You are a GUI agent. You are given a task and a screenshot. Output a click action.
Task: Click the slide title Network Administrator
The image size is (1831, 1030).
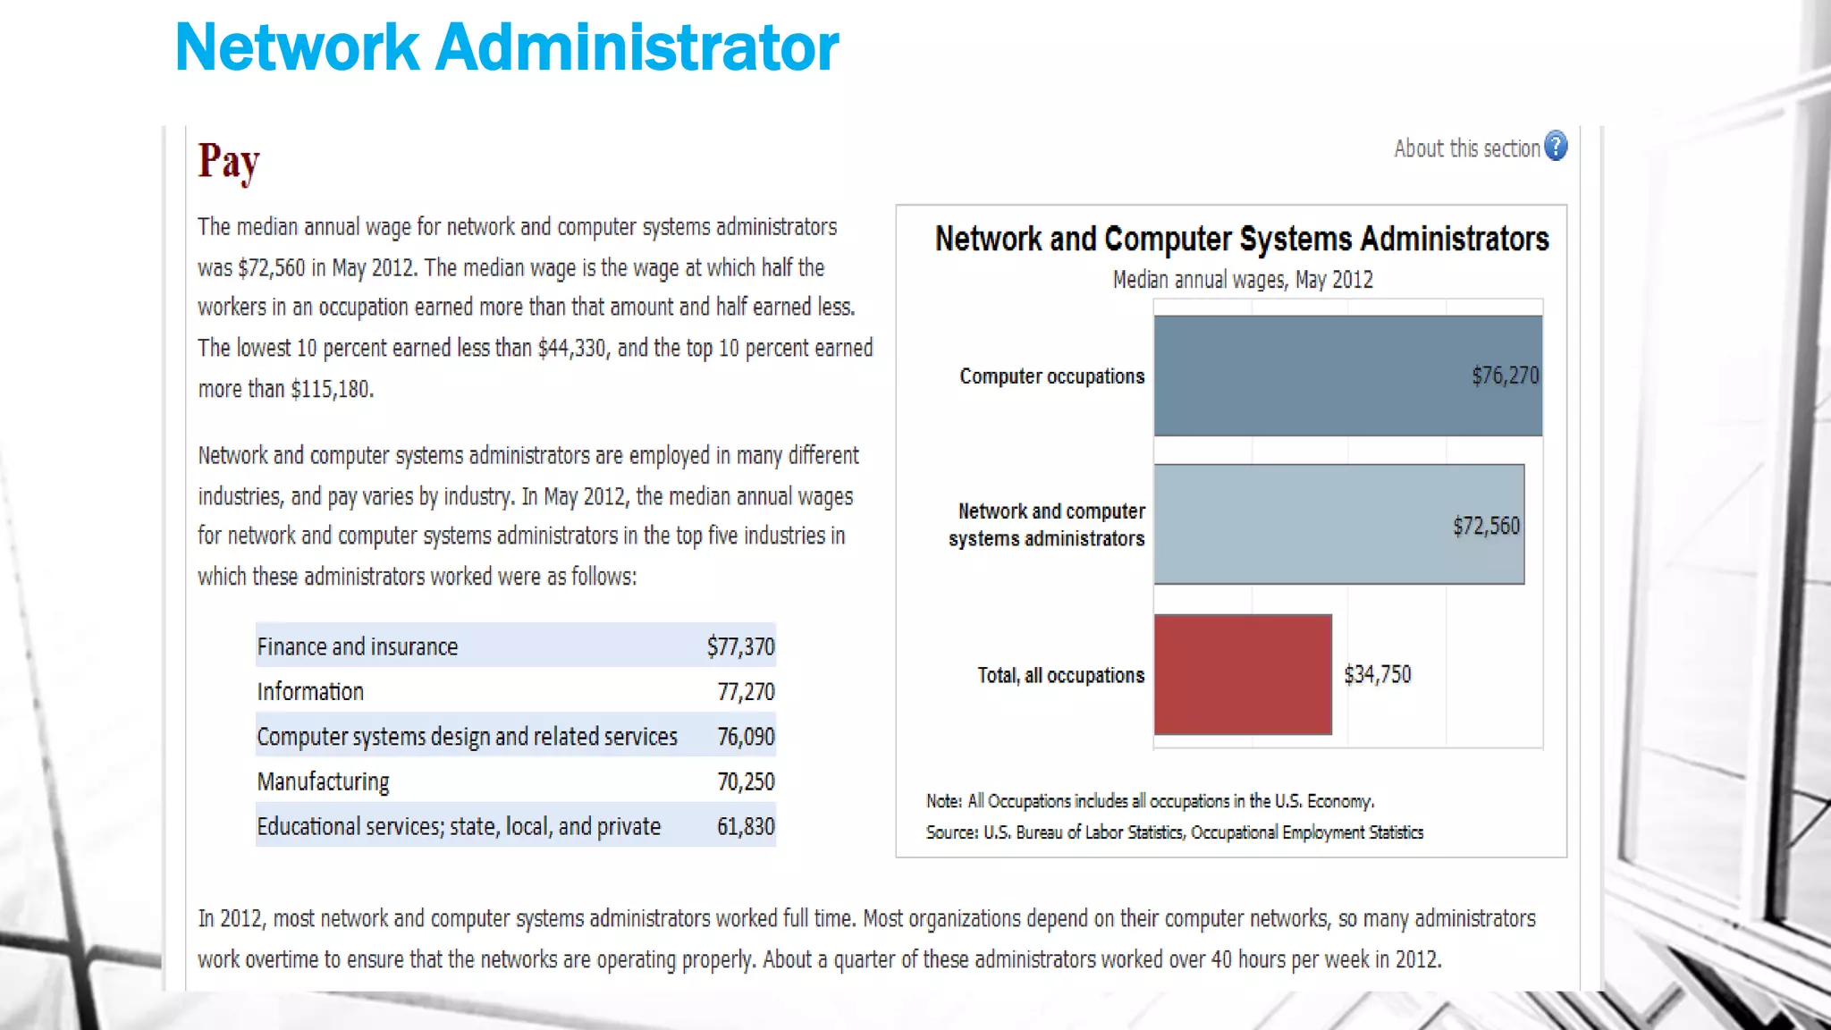pyautogui.click(x=507, y=47)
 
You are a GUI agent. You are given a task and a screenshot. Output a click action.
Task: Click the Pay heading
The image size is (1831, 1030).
pyautogui.click(x=229, y=162)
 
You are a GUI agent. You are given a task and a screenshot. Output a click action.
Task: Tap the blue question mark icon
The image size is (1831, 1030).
pyautogui.click(x=1556, y=146)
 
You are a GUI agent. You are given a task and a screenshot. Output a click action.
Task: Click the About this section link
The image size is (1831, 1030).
pyautogui.click(x=1466, y=148)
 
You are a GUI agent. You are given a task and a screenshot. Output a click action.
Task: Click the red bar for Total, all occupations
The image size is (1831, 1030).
pyautogui.click(x=1243, y=674)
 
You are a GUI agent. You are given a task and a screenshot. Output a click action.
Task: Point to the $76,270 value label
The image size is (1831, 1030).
pyautogui.click(x=1506, y=376)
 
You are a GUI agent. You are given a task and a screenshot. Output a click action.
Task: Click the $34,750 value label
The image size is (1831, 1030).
pyautogui.click(x=1378, y=674)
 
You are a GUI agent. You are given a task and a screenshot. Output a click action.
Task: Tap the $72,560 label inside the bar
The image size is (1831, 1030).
pyautogui.click(x=1486, y=526)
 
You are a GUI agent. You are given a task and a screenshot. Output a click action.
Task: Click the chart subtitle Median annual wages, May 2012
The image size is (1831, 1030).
pyautogui.click(x=1243, y=280)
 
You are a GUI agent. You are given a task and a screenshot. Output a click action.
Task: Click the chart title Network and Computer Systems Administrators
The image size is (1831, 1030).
pyautogui.click(x=1242, y=239)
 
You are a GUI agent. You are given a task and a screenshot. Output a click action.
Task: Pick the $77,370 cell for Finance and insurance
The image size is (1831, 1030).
pyautogui.click(x=740, y=646)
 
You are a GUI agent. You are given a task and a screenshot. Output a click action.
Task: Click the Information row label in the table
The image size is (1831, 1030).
pyautogui.click(x=310, y=691)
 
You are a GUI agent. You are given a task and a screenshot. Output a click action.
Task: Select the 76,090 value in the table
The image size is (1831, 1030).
pyautogui.click(x=746, y=737)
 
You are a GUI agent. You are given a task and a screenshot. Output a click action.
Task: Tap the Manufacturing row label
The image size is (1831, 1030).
pyautogui.click(x=323, y=781)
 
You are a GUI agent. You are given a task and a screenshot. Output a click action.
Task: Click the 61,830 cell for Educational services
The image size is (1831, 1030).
pyautogui.click(x=746, y=826)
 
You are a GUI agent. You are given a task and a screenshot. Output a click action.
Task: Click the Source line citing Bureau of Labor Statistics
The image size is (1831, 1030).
pyautogui.click(x=1174, y=832)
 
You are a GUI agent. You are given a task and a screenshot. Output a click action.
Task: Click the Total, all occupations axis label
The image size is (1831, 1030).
pyautogui.click(x=1060, y=675)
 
